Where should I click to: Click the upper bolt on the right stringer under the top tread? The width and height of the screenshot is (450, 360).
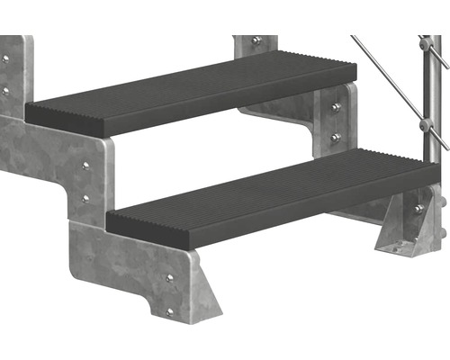[336, 108]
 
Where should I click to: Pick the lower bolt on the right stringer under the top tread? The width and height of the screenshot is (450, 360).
[336, 137]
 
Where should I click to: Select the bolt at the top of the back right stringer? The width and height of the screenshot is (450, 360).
[256, 41]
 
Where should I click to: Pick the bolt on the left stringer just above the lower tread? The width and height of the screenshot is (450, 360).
[85, 197]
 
